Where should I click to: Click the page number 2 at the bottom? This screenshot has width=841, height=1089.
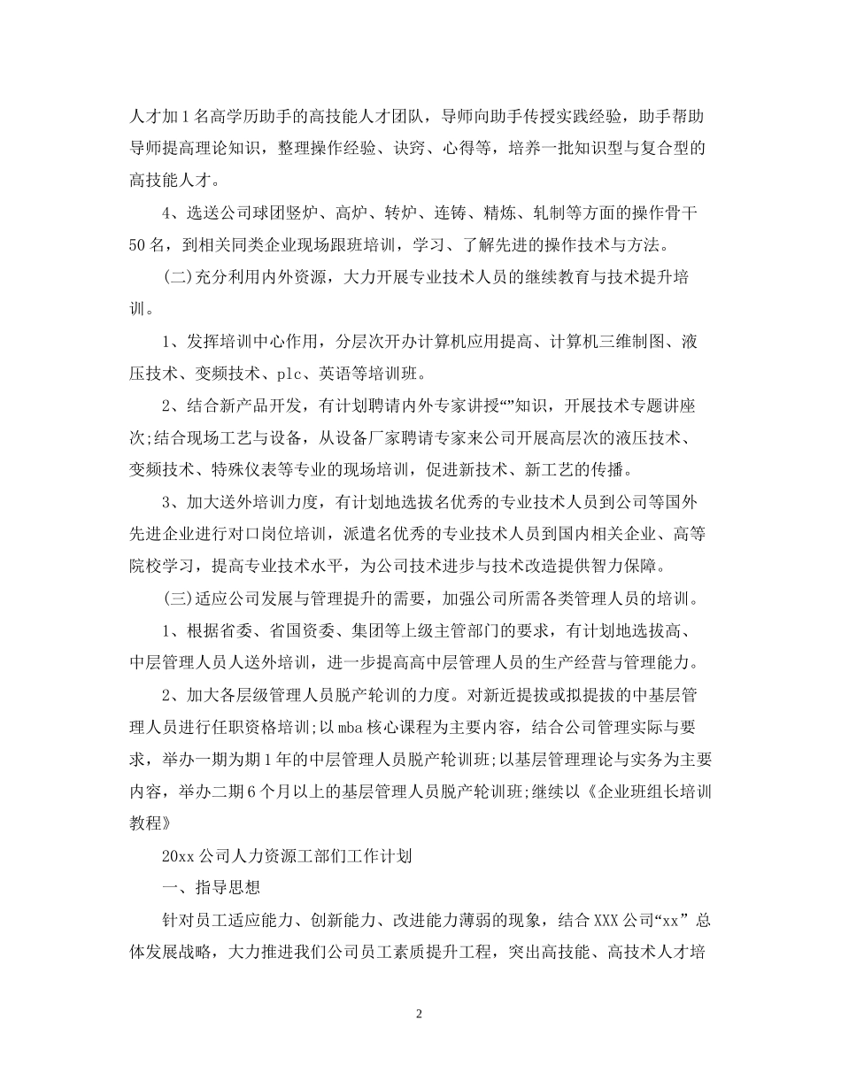pos(420,1014)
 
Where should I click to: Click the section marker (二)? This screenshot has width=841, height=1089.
pos(179,277)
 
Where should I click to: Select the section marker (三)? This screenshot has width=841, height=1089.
pos(179,598)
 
